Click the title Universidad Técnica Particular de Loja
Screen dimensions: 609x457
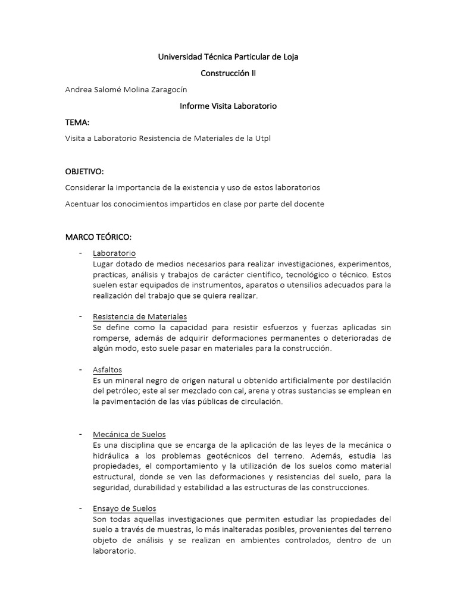point(228,57)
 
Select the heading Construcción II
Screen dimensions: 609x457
point(228,73)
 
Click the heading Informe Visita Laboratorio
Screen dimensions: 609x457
point(228,106)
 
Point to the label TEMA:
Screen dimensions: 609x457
point(77,123)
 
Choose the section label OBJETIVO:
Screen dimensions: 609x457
point(84,171)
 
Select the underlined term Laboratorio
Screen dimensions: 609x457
point(114,253)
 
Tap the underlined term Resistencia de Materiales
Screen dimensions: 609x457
point(140,316)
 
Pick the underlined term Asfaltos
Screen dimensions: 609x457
point(107,370)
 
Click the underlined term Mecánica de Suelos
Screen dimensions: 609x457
point(129,434)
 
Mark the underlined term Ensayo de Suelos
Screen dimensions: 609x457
point(124,508)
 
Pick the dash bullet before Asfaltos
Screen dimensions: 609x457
point(80,370)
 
